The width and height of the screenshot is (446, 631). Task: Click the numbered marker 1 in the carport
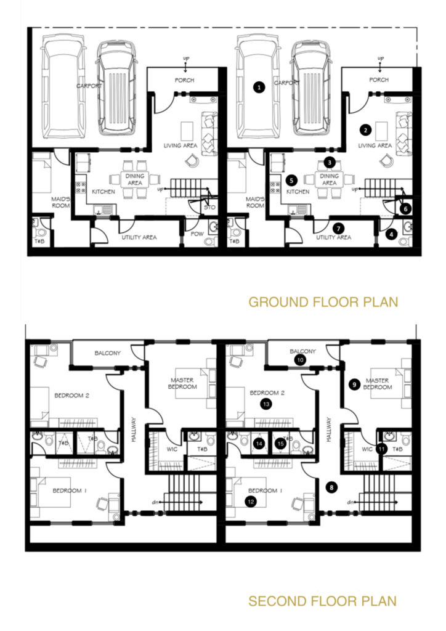tap(259, 87)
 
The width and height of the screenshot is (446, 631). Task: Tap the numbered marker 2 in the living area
tap(365, 130)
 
